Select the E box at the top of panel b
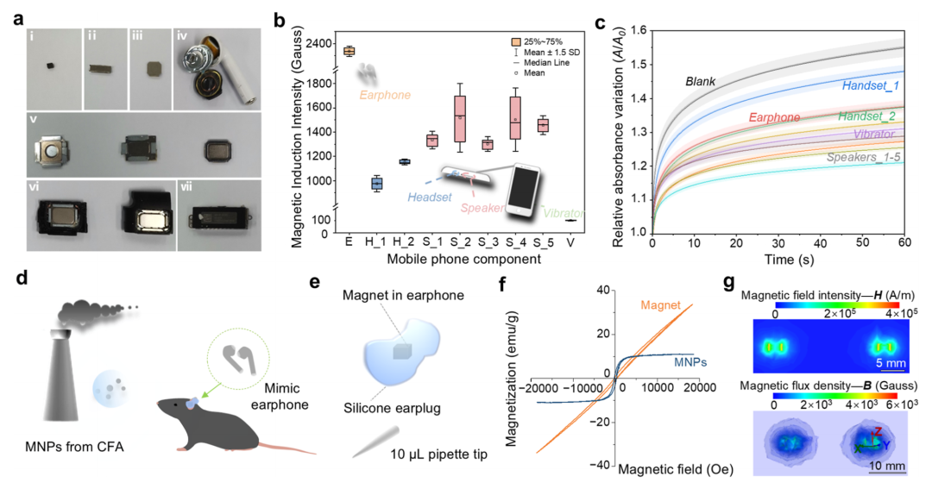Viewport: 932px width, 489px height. [x=349, y=51]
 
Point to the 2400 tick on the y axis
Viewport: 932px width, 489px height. [x=321, y=43]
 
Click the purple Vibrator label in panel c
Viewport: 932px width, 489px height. [x=876, y=134]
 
